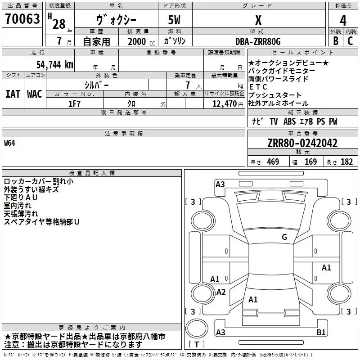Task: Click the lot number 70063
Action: [22, 19]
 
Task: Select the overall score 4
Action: [343, 21]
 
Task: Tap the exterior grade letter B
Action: [336, 41]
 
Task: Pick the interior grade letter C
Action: [350, 41]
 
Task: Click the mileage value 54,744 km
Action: [55, 65]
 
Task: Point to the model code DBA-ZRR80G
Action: [258, 41]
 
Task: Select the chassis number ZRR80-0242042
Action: [302, 143]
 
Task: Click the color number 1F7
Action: [74, 104]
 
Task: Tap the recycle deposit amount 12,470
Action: [225, 104]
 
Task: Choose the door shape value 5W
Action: [174, 20]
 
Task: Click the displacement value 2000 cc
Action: [141, 41]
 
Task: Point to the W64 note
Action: [9, 143]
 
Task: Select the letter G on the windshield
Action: [284, 237]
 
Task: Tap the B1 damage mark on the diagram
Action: [321, 332]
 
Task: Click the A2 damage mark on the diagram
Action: [221, 292]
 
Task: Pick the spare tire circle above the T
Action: [197, 328]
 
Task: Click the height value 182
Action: [346, 162]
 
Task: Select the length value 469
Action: [273, 162]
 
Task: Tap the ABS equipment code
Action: [289, 121]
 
